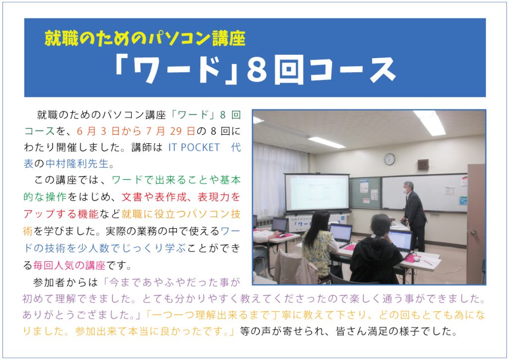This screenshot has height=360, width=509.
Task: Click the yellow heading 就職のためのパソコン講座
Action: point(145,39)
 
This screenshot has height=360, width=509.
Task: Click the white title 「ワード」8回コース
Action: point(255,71)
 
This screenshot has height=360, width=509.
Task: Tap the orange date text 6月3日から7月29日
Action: point(136,131)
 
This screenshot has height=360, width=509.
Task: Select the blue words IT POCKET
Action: point(194,147)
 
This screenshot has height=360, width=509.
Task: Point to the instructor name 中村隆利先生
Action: point(77,164)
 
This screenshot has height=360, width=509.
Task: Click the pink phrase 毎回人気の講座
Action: point(70,266)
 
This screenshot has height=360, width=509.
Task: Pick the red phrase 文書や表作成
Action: point(154,197)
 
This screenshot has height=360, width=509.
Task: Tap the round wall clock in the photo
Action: point(390,159)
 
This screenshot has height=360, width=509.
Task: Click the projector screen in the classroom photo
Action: point(317,193)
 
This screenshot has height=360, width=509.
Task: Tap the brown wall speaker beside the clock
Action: point(423,165)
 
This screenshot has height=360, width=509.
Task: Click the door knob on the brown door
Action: point(474,233)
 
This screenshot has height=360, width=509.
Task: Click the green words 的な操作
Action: point(45,197)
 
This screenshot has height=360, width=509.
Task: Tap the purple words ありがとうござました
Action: point(78,315)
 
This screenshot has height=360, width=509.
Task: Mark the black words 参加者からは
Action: point(65,282)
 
